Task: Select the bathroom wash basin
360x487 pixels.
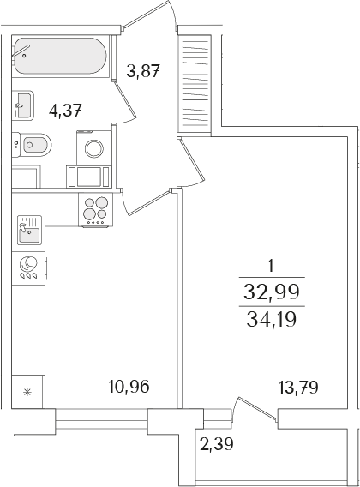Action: (x=23, y=106)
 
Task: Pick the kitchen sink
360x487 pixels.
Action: (x=30, y=230)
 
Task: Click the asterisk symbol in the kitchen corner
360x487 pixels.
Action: (x=27, y=394)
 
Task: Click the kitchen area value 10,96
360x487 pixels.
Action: (x=130, y=386)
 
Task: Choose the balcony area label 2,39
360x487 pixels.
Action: (x=215, y=443)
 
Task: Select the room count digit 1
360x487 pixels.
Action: (x=271, y=265)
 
